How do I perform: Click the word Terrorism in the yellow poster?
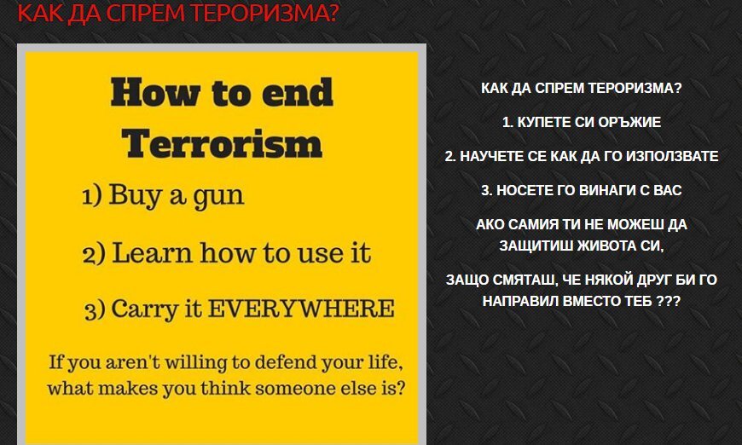pos(222,143)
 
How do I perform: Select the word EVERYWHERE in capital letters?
pos(301,309)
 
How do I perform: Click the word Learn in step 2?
pos(153,252)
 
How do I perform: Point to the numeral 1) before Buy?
pos(92,195)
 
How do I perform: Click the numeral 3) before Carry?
pos(95,310)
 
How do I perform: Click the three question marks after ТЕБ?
pos(668,301)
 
